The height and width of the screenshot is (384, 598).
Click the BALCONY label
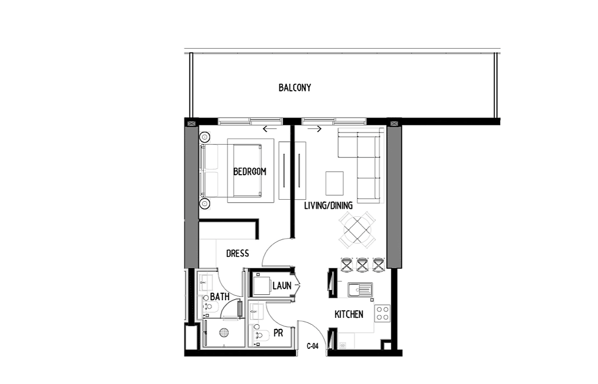point(295,88)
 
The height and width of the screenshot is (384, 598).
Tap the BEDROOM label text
point(250,172)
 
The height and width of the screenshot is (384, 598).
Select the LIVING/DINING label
point(328,206)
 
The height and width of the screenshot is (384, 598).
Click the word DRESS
point(237,253)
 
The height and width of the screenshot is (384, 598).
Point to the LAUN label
point(282,286)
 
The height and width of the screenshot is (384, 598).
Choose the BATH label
point(220,296)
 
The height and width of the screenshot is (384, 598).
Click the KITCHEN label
point(349,314)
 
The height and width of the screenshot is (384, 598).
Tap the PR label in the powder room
point(278,333)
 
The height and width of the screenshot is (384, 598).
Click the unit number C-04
point(313,346)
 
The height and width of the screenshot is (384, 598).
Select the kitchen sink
point(360,290)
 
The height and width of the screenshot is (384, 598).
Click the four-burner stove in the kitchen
point(382,314)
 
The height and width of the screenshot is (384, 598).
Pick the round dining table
point(357,230)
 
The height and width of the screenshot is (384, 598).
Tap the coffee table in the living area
point(334,183)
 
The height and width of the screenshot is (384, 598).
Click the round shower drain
point(224,333)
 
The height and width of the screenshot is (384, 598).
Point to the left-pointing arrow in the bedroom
point(270,129)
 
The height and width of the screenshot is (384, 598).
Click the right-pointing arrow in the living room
point(315,129)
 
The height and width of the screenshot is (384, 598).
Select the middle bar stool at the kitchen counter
point(362,265)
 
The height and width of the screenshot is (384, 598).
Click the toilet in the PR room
point(260,334)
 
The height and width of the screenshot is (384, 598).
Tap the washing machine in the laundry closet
point(261,286)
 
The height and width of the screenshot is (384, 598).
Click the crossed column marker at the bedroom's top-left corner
point(191,124)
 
